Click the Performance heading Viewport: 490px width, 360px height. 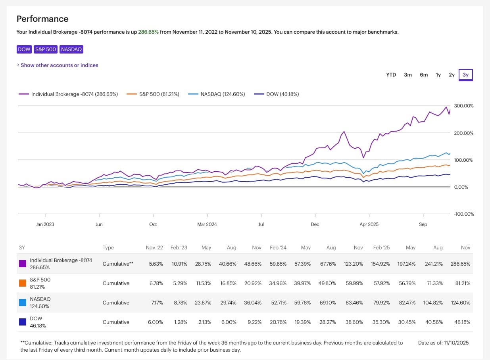[x=42, y=19]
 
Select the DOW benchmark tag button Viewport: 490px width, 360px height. [x=24, y=50]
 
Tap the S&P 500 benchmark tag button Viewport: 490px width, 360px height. [x=46, y=50]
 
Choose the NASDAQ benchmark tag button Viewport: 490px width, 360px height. [x=71, y=50]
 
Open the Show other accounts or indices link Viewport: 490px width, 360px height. [x=59, y=65]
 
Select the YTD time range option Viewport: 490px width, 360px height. [x=391, y=75]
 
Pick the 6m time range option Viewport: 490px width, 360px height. [x=424, y=75]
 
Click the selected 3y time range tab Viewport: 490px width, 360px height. [x=465, y=75]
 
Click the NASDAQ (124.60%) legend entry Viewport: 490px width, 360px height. [x=223, y=94]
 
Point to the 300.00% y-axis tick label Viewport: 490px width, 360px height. [x=463, y=106]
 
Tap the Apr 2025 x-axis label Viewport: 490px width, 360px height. [x=369, y=224]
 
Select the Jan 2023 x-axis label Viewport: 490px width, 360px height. [x=45, y=224]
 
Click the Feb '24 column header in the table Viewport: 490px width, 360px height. [x=278, y=247]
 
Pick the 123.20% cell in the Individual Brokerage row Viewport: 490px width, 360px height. [x=353, y=264]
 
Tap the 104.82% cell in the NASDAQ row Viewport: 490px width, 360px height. [x=432, y=303]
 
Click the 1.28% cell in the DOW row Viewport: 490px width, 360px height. [x=181, y=322]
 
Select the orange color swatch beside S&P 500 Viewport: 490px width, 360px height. [x=23, y=283]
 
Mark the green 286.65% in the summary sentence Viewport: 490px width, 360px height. [x=148, y=32]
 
